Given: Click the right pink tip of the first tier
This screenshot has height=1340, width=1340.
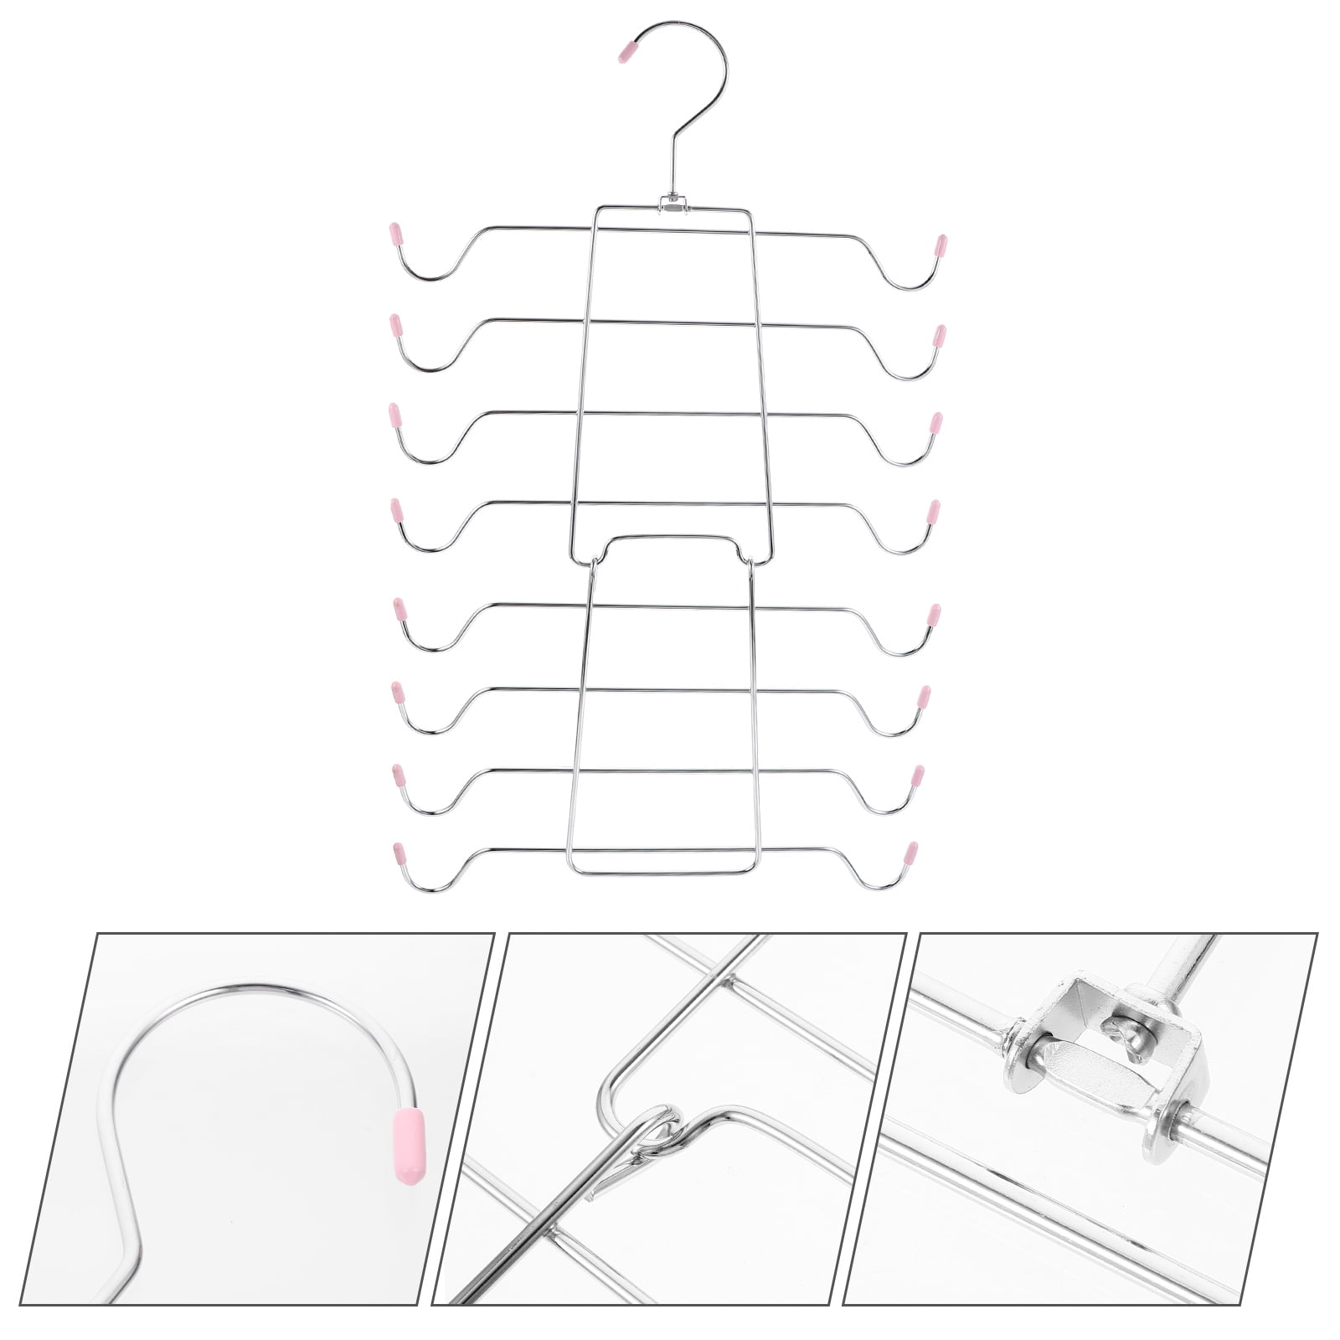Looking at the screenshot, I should pyautogui.click(x=941, y=245).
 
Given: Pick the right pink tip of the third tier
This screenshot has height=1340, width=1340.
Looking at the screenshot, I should pyautogui.click(x=936, y=422).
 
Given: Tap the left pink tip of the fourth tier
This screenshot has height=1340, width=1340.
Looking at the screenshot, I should pyautogui.click(x=396, y=509).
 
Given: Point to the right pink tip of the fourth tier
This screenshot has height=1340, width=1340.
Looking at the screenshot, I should pyautogui.click(x=933, y=511).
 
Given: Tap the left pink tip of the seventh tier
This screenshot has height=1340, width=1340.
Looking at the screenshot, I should pyautogui.click(x=398, y=776).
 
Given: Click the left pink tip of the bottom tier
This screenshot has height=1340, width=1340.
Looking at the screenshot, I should pyautogui.click(x=398, y=853).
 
